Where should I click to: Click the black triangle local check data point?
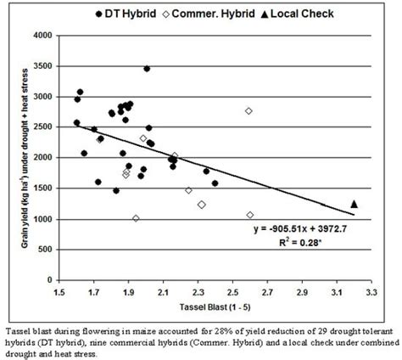coord(355,204)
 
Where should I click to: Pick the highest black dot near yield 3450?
coord(147,69)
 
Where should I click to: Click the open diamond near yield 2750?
coord(248,111)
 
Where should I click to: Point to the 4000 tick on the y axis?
coord(40,36)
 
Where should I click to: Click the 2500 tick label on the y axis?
coord(40,127)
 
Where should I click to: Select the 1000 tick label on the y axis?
coord(40,219)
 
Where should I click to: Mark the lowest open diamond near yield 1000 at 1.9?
coord(136,218)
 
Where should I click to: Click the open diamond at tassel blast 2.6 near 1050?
coord(250,216)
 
